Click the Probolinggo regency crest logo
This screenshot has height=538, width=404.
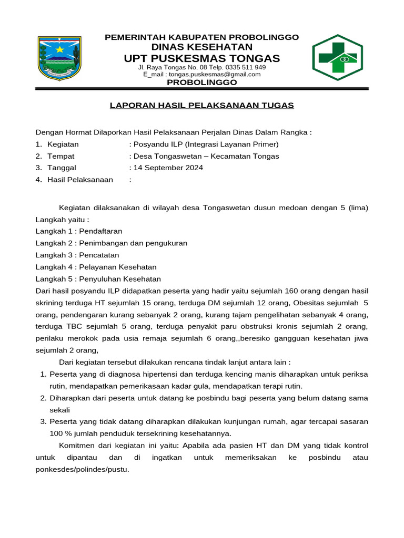click(59, 58)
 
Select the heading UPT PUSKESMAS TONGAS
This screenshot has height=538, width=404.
click(202, 58)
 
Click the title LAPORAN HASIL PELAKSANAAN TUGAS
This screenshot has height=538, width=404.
click(201, 105)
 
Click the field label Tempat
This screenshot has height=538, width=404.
click(60, 156)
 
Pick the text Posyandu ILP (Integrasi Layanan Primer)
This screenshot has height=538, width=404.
click(206, 144)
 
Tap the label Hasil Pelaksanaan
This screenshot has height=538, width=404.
click(80, 180)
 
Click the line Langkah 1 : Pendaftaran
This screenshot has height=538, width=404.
click(79, 231)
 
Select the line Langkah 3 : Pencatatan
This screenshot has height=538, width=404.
click(77, 255)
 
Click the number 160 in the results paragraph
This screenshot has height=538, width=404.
click(291, 291)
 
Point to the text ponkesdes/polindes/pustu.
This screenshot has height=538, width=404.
click(82, 470)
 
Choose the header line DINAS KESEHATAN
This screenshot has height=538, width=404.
click(202, 47)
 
